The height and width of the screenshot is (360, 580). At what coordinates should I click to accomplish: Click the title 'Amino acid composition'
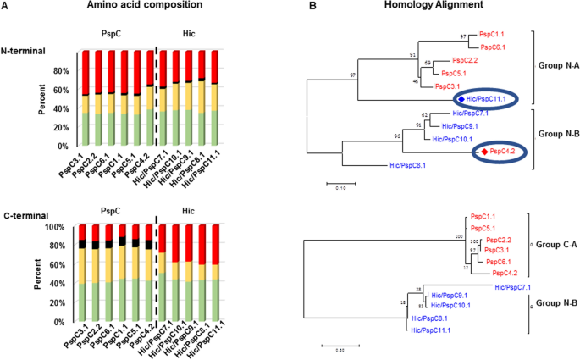click(150, 6)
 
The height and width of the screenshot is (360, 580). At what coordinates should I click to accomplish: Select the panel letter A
click(6, 6)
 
